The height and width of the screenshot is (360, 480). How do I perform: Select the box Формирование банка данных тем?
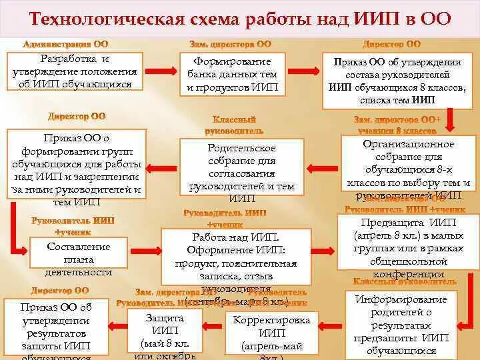(x=233, y=74)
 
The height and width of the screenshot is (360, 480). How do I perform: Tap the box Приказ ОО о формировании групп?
(x=77, y=169)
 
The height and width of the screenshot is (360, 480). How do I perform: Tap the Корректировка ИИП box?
(x=273, y=335)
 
